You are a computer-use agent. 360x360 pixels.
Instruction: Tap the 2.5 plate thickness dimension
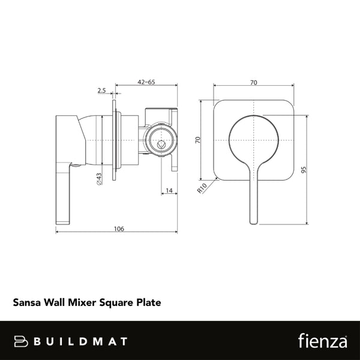[101, 91]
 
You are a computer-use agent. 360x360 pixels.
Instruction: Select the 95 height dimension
[313, 169]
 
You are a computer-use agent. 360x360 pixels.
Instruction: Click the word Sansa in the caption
[26, 303]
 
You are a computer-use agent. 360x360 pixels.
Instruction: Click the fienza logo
[323, 341]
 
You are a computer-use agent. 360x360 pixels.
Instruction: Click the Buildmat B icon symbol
[22, 341]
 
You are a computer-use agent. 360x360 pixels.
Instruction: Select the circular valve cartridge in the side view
[160, 140]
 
